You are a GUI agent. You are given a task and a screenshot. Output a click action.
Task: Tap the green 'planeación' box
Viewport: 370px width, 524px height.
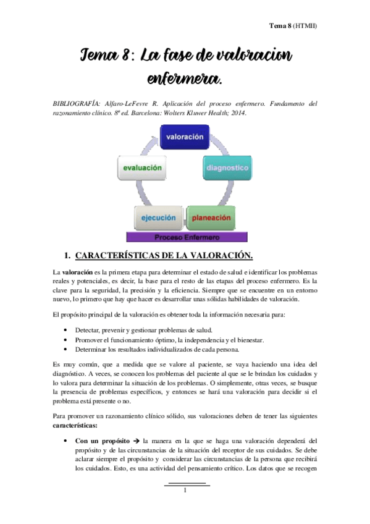211,218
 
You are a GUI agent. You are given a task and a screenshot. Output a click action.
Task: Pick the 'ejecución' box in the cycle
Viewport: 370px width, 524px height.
159,218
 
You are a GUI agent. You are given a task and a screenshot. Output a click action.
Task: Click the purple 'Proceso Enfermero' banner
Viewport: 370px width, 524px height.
186,237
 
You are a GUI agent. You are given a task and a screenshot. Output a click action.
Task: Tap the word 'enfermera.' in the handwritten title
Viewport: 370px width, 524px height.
185,79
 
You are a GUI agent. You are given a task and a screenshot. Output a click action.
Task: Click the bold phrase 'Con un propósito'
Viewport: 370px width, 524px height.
104,441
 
